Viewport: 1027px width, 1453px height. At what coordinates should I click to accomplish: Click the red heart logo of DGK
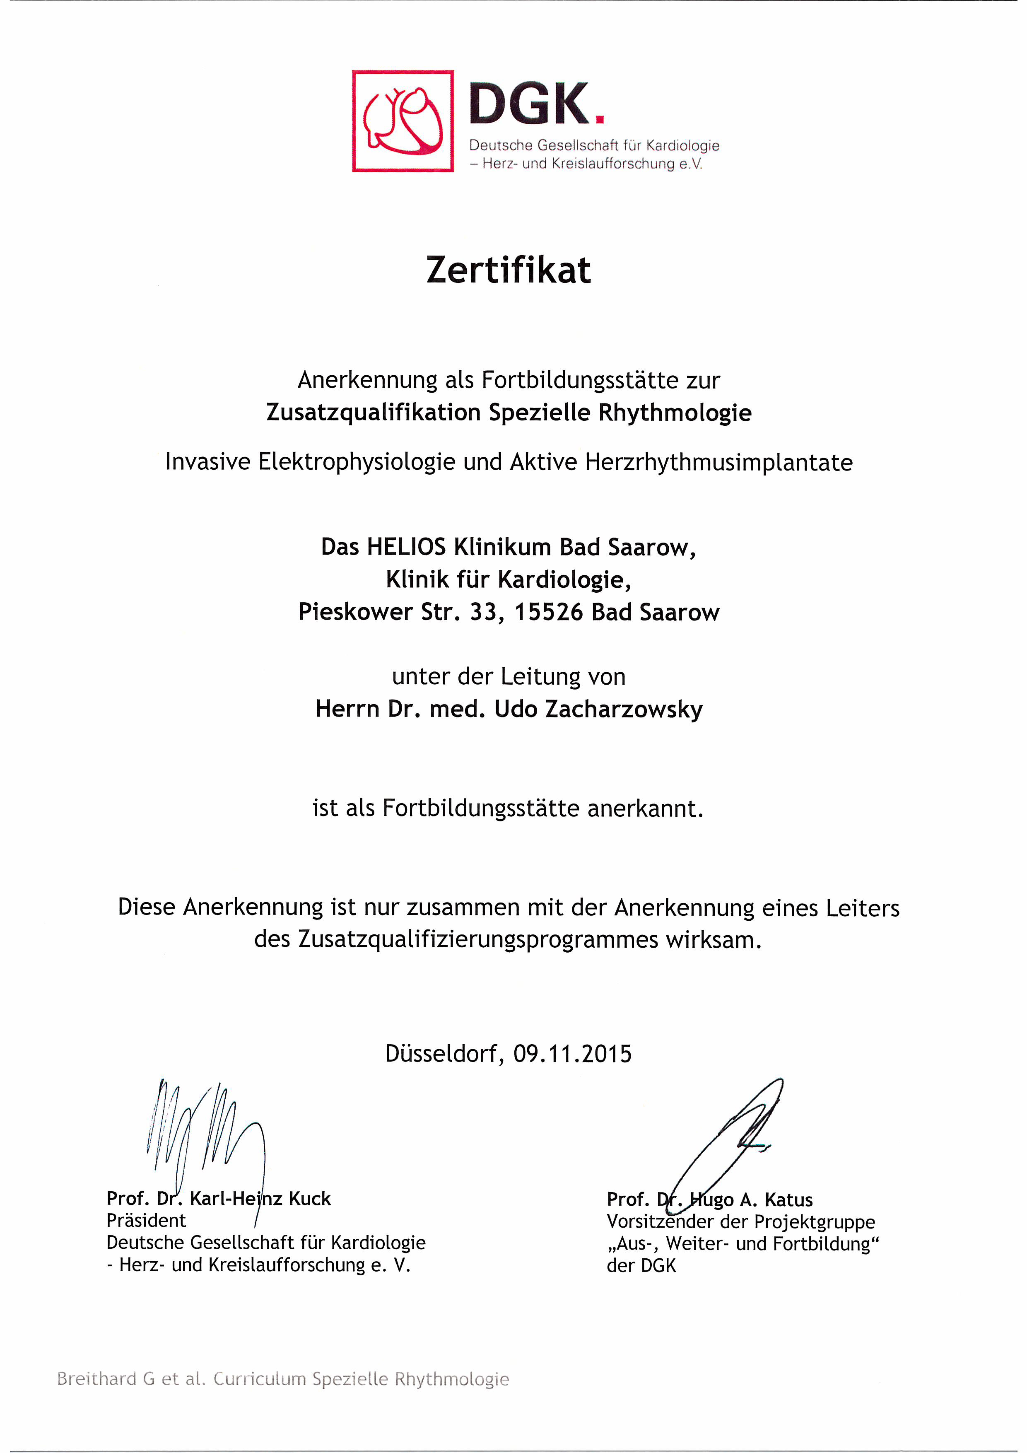(x=403, y=121)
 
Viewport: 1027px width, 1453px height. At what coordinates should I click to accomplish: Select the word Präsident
(x=146, y=1221)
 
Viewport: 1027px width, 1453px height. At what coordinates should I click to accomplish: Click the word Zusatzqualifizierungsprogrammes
(x=478, y=940)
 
